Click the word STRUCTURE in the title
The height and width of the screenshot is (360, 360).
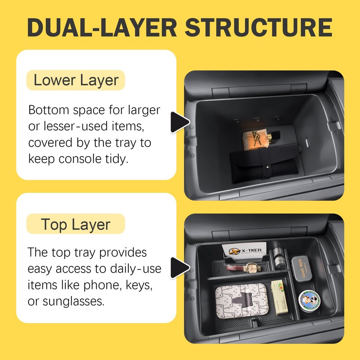coord(259,28)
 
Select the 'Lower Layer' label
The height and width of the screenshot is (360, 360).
coord(76,81)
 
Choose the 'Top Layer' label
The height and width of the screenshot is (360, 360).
coord(75,224)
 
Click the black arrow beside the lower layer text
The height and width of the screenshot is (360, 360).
coord(180,121)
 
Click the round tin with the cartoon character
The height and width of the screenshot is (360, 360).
coord(309,299)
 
